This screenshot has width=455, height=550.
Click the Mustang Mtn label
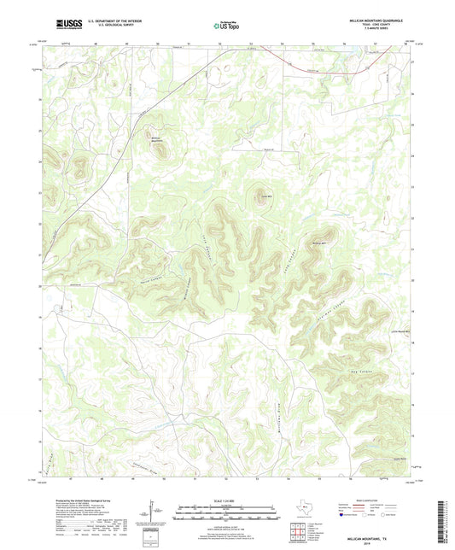[x=319, y=243]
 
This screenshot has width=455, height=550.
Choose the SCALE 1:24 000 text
[x=227, y=500]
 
